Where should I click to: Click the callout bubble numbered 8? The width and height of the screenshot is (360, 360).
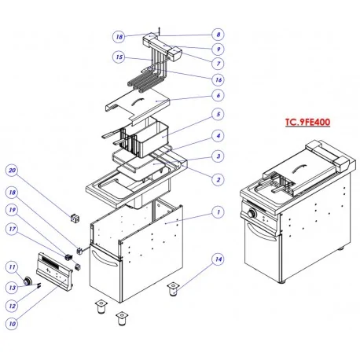point(218,35)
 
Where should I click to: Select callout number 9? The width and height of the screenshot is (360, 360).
point(218,49)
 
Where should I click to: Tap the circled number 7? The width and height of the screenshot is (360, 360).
point(218,62)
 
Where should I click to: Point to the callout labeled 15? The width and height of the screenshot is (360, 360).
point(119,57)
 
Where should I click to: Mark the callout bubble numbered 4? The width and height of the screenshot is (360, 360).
point(218,136)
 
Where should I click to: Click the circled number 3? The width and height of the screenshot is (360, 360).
point(218,157)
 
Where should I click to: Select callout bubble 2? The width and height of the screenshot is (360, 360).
point(218,179)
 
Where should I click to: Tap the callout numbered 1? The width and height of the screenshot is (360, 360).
point(218,211)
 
